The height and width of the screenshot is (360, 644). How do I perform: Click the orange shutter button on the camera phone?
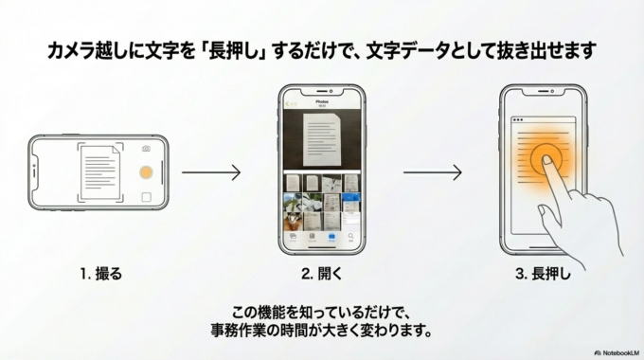pos(145,173)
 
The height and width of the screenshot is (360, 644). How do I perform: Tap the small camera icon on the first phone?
pos(146,149)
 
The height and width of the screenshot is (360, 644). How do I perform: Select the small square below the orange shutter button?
pos(146,197)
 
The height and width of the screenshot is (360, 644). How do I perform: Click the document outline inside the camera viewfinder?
pos(98,171)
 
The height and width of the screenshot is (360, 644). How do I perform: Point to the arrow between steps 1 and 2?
pos(210,173)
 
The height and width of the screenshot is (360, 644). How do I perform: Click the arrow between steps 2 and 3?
pos(432,173)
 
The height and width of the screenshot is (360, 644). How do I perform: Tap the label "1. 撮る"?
pos(101,275)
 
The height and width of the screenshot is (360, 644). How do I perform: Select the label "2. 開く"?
pos(322,275)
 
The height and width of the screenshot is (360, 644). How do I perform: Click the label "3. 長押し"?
pos(544,275)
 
